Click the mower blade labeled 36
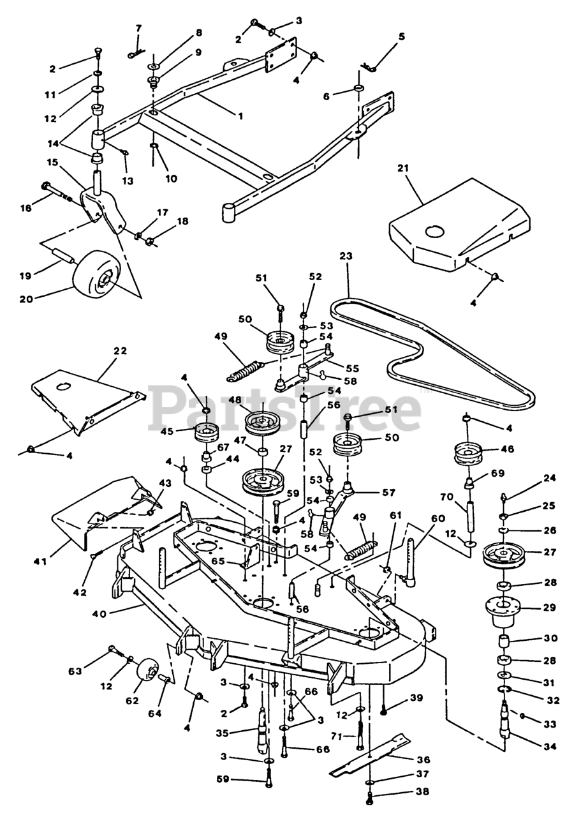pos(370,755)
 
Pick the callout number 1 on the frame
pos(240,116)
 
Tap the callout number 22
pos(120,350)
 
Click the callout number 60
pos(438,518)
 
